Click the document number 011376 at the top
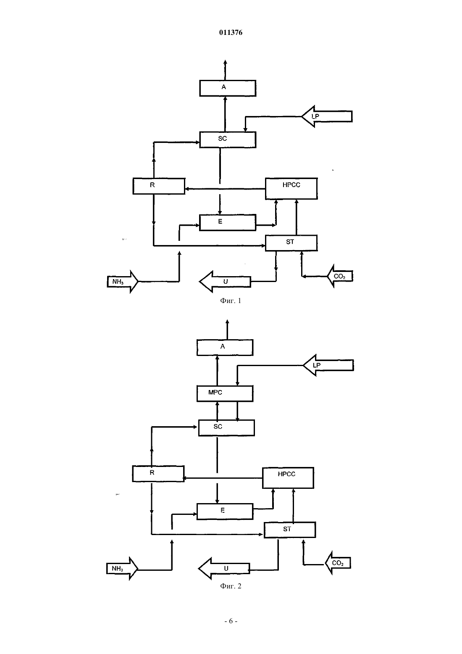(x=231, y=32)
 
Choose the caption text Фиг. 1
(x=231, y=301)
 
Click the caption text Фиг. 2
(x=231, y=586)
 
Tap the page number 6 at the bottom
(x=231, y=621)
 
